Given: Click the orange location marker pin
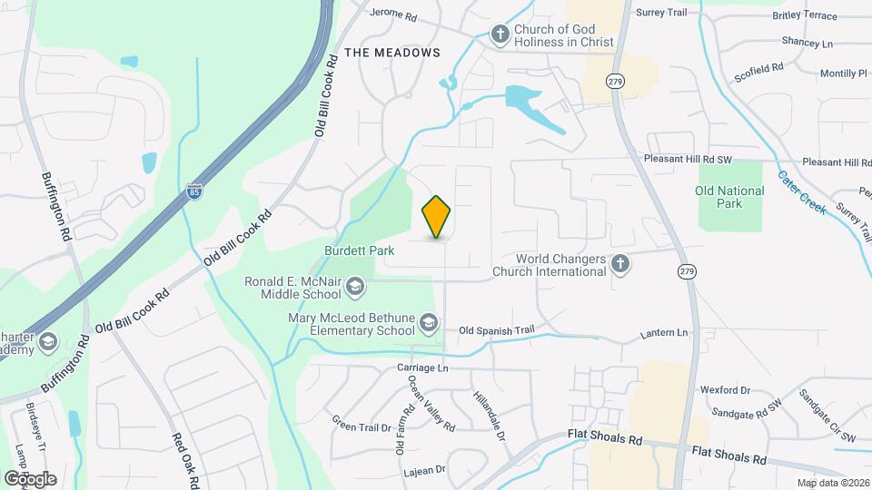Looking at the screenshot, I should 437,217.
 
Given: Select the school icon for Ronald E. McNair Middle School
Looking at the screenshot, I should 354,289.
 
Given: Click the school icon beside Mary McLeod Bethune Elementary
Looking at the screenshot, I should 429,324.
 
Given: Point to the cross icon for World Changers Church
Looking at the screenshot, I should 620,264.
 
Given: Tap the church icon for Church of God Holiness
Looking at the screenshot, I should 500,34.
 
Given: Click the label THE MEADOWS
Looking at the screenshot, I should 393,53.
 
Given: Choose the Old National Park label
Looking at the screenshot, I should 729,197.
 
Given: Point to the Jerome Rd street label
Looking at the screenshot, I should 393,15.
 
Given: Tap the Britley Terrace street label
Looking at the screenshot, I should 804,16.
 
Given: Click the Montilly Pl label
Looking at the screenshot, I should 844,73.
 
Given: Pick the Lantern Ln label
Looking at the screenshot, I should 664,334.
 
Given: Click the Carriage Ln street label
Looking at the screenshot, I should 423,367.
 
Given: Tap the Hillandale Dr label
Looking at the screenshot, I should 489,416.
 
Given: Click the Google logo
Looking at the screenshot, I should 30,478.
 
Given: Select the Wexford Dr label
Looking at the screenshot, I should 725,390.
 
